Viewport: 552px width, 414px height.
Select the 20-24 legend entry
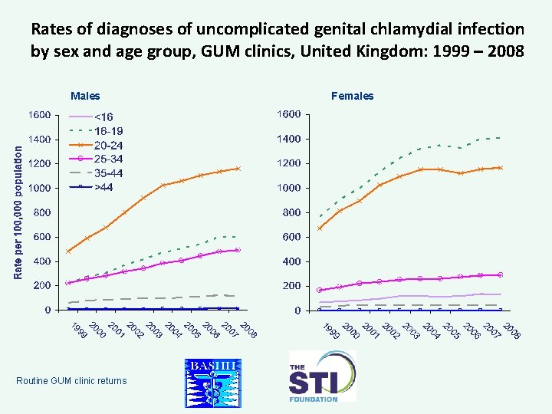click(108, 145)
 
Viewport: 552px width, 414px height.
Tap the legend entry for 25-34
click(108, 159)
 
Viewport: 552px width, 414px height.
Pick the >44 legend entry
click(103, 186)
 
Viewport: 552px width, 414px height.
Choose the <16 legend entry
click(103, 117)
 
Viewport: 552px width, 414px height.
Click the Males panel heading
click(85, 97)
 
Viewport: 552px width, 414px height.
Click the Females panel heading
click(352, 97)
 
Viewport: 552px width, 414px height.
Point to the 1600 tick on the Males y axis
click(41, 115)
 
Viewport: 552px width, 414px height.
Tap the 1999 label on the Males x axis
click(77, 330)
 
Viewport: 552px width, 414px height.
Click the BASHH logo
click(213, 381)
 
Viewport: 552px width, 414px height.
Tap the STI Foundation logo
click(322, 376)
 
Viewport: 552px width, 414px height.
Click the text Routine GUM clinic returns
click(71, 380)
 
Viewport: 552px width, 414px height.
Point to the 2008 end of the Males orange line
click(238, 169)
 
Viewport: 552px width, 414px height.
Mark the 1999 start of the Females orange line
click(320, 228)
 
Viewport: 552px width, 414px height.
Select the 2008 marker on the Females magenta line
click(500, 274)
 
